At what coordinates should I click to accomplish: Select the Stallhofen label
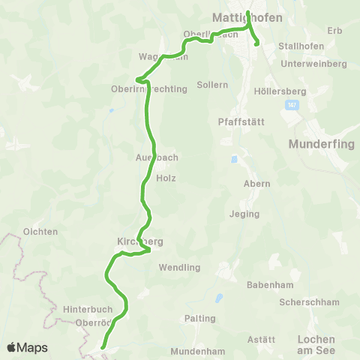tap(300, 46)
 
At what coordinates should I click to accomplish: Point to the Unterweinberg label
tap(313, 64)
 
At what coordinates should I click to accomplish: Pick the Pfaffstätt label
tap(238, 121)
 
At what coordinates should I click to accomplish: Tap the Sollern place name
tap(212, 85)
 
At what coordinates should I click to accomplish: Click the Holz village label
tap(166, 178)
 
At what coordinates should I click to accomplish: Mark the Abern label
tap(256, 184)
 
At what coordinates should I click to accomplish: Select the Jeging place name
tap(244, 214)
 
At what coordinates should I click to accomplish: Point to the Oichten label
tap(40, 232)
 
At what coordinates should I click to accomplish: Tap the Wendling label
tap(181, 267)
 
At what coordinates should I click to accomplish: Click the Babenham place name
tap(268, 285)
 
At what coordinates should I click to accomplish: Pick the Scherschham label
tap(309, 302)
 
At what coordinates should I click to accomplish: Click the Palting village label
tap(200, 319)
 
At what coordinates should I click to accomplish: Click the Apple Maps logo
tap(27, 347)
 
